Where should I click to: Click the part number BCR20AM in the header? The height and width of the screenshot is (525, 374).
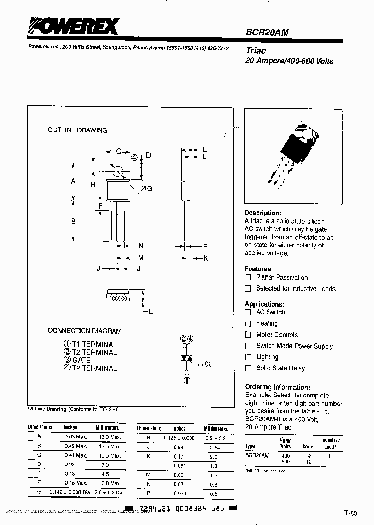pos(267,32)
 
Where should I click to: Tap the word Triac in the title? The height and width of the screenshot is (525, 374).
pos(256,51)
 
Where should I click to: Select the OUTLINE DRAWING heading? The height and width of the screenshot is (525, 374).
pos(77,130)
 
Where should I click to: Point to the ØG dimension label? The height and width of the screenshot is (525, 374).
pos(146,189)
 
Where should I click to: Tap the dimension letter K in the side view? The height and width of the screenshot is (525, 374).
pos(206,258)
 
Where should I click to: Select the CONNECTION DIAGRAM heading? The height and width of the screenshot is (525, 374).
pos(84,330)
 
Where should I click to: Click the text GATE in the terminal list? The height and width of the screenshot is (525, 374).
pos(81,360)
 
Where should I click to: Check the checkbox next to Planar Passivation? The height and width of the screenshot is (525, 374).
pos(248,278)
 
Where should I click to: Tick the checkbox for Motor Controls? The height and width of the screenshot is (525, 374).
pos(248,335)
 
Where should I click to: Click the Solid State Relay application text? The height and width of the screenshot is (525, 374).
pos(280,368)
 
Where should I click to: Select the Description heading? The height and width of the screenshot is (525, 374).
pos(263,213)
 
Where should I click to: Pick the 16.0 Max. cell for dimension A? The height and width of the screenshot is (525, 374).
pos(108,437)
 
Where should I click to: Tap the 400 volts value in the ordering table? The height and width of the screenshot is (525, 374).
pos(286,455)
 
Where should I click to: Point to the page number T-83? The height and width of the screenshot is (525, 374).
pos(351,513)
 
